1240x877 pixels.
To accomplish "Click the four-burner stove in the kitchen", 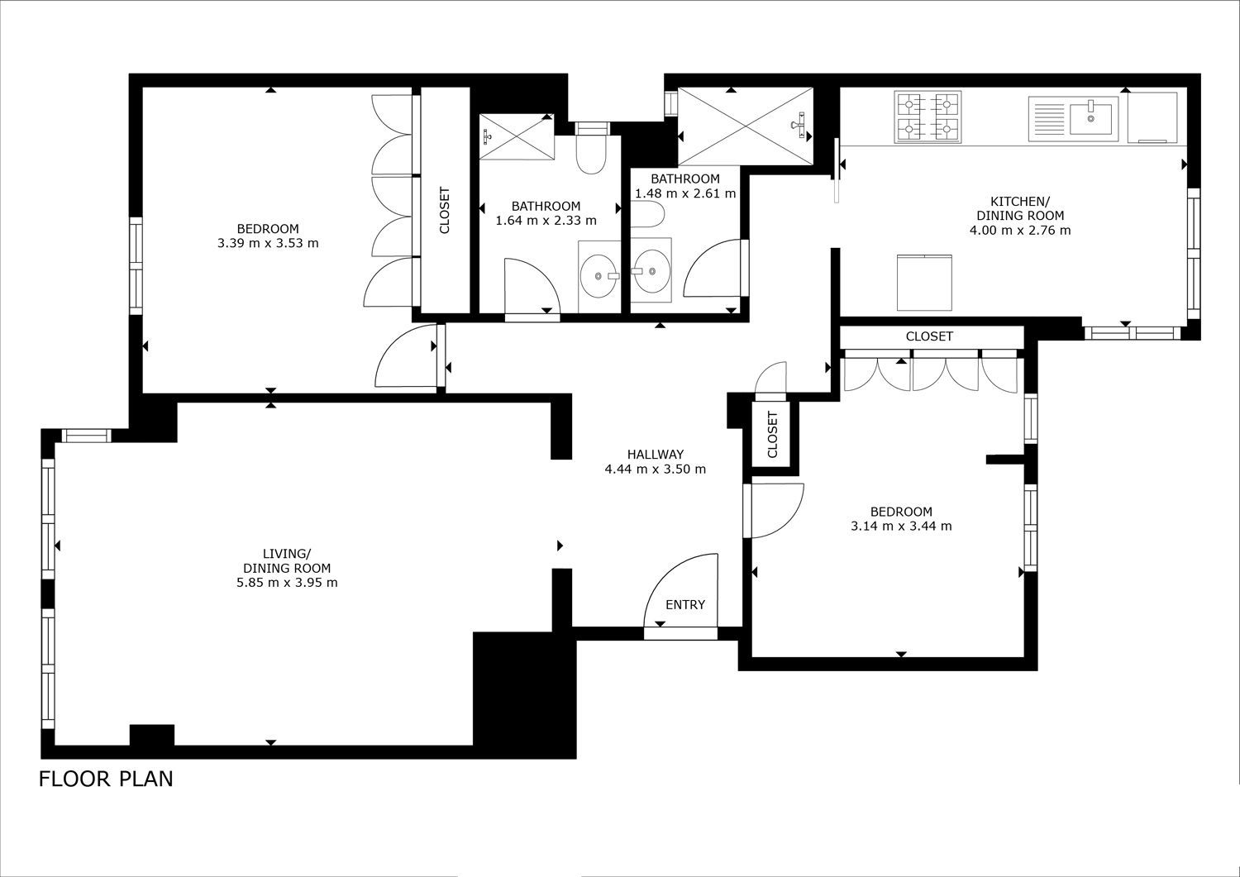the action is pos(928,117).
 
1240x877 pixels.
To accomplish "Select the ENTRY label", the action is pos(685,604).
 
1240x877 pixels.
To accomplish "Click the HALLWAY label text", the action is pos(656,455).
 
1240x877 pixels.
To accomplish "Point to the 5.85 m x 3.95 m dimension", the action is pos(287,583).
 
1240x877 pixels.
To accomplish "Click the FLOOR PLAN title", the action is pos(106,779).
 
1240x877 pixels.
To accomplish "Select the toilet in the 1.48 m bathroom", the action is pos(647,214).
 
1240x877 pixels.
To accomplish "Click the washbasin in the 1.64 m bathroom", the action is pos(599,276).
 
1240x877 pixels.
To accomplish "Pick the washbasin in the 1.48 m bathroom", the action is pos(651,270).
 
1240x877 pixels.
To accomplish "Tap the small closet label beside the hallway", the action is pos(773,435).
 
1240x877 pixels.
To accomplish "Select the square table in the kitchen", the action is pos(924,283).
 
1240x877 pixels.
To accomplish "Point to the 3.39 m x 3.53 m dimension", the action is pos(268,243).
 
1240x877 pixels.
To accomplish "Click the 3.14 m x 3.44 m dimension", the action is pos(901,526).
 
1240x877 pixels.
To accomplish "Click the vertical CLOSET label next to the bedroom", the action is pos(444,211).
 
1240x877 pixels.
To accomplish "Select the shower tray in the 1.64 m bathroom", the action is pos(517,136).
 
